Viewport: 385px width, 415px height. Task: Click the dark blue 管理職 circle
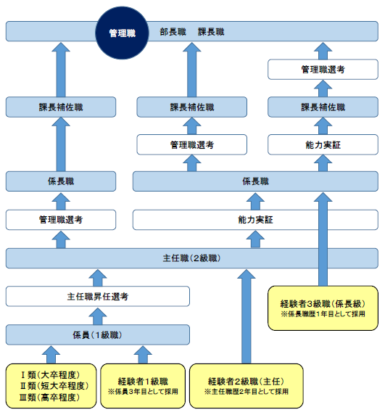pos(122,33)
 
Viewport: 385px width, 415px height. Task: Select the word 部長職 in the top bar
pos(173,32)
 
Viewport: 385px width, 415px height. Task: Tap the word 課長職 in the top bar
pos(211,32)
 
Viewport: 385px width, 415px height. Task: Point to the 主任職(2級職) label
pos(191,258)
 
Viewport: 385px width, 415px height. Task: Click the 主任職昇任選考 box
pos(98,297)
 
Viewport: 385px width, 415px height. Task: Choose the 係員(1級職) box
pos(98,334)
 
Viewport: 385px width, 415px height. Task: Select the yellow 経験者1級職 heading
pos(143,382)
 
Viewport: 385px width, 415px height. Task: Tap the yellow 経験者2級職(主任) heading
pos(246,382)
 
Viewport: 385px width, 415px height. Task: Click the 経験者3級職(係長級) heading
pos(323,304)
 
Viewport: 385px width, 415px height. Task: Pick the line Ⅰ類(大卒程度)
pos(50,375)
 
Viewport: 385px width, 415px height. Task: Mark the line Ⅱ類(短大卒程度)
pos(54,386)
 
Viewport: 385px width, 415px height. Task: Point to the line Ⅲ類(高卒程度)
pos(49,398)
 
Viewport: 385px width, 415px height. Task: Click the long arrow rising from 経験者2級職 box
pos(247,316)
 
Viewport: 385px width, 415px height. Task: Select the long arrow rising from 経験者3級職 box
pos(323,239)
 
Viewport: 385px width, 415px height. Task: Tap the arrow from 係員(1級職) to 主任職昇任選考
pos(98,316)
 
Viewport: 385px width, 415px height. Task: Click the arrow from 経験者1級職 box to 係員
pos(143,355)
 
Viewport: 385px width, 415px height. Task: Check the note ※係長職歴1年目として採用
pos(323,314)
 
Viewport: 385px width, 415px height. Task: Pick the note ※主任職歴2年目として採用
pos(246,392)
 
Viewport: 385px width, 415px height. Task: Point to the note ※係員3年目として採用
pos(143,392)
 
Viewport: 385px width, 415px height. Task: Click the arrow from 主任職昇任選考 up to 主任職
pos(98,278)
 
